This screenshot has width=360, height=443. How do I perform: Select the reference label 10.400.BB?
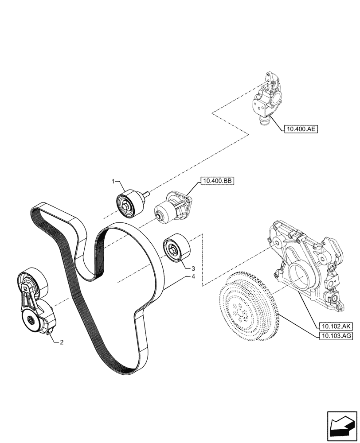(x=218, y=181)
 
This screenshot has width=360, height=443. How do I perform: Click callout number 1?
(x=113, y=182)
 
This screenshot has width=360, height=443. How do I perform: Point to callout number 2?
(x=62, y=342)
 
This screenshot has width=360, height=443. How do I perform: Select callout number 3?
(x=193, y=268)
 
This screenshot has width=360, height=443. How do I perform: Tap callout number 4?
(x=193, y=277)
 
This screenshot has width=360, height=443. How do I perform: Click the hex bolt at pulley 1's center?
(x=128, y=206)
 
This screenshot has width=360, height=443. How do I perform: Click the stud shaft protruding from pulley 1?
(x=145, y=194)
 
